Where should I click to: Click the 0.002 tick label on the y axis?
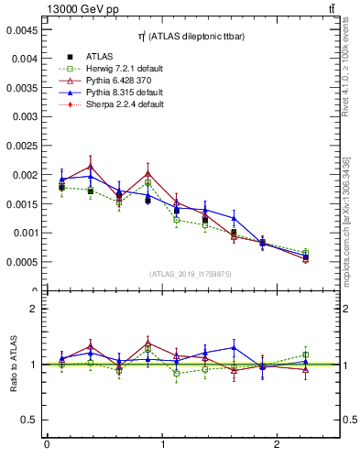click(24, 175)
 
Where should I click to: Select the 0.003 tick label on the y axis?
click(24, 116)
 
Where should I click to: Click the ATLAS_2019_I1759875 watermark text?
click(191, 274)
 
